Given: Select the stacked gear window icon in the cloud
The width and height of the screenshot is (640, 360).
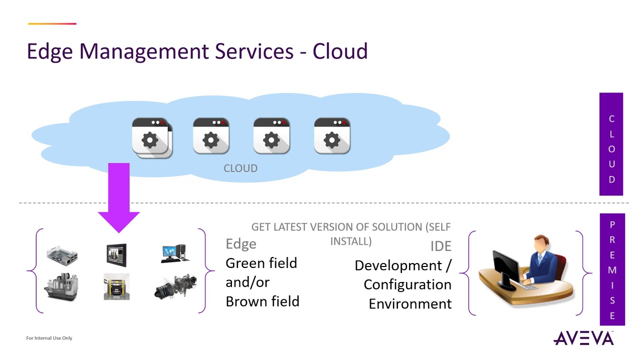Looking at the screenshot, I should point(152,138).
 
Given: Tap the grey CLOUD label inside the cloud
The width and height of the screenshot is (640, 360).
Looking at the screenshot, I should point(240,168).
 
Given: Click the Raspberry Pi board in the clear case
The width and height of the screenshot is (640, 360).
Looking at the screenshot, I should point(62,255).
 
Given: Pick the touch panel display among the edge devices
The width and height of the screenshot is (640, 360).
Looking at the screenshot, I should point(116,254).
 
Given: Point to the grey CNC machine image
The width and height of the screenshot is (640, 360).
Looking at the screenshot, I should point(62,286).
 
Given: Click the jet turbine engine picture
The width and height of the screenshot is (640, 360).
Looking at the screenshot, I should point(175,286).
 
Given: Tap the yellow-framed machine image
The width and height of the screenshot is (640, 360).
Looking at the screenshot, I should point(116,286).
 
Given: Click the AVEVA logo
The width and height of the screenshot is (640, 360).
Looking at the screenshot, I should point(583,338).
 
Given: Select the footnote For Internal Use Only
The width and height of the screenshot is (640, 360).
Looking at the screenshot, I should point(49,338).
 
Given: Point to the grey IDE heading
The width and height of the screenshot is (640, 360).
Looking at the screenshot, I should point(440,246).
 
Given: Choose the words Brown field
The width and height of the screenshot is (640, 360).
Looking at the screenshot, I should point(262,301).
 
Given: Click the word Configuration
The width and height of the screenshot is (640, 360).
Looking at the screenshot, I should point(407,284).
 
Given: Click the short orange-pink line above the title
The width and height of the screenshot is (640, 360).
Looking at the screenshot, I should point(52,23).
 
